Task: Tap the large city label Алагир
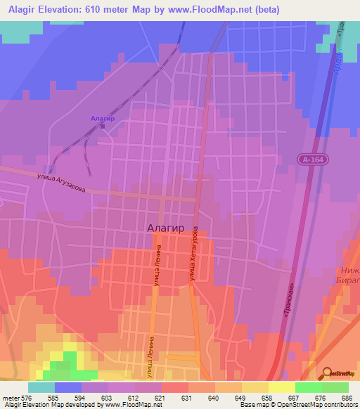click(x=167, y=227)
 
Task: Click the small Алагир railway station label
click(x=102, y=119)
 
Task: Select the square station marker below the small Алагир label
click(x=103, y=126)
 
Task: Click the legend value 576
click(x=27, y=398)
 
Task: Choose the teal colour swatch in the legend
click(x=41, y=387)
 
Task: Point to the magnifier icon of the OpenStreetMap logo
click(x=327, y=373)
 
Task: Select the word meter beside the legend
click(x=11, y=398)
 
